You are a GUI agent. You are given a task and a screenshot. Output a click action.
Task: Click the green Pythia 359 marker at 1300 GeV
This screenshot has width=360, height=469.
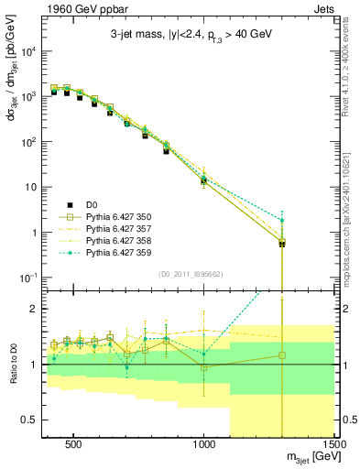tap(282, 221)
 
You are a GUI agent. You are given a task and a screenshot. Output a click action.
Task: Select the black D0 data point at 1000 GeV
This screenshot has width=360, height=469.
tap(204, 181)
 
